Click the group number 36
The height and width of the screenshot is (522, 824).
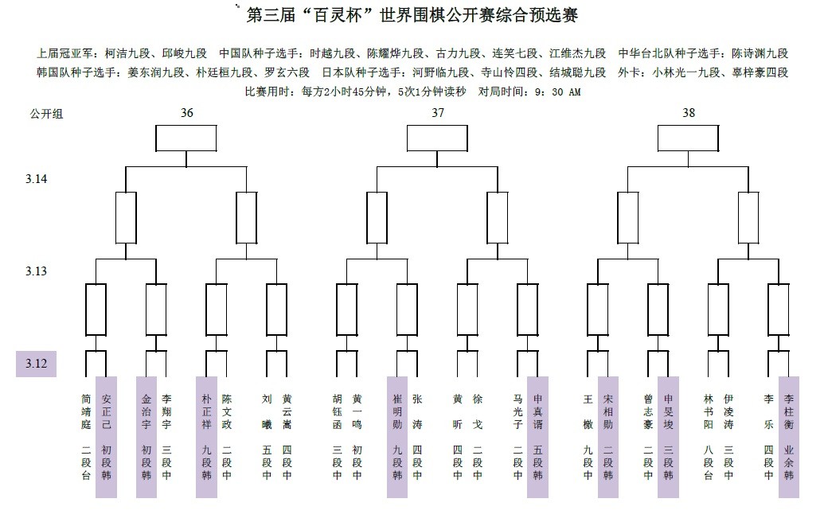tap(186, 113)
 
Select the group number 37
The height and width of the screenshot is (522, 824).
tap(438, 113)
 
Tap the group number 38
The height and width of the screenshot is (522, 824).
tap(689, 113)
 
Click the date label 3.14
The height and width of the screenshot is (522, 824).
tap(37, 179)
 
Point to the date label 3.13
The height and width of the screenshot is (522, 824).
tap(37, 271)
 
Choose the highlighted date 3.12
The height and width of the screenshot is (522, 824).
tap(37, 364)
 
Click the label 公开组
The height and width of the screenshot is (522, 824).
tap(46, 114)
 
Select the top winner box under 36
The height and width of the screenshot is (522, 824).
tap(186, 138)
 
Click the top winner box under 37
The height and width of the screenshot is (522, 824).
tap(437, 138)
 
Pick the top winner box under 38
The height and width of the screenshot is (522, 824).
tap(689, 138)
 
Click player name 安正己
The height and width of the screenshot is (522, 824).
tap(106, 411)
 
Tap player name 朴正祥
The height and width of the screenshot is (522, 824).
tap(206, 411)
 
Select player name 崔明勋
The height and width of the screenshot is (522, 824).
tap(397, 411)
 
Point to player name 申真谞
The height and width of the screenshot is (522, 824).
tap(537, 411)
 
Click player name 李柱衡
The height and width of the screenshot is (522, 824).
tap(789, 411)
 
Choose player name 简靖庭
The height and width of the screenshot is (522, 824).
tap(86, 411)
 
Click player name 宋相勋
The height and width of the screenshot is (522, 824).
tap(608, 411)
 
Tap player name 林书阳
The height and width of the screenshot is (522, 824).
tap(709, 411)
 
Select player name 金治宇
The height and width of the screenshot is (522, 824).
tap(146, 411)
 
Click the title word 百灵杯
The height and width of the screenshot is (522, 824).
tap(338, 14)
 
